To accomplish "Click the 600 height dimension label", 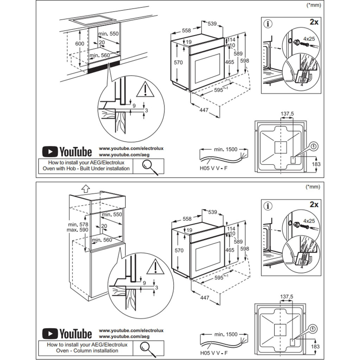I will (x=80, y=44).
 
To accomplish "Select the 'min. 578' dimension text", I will (x=78, y=224).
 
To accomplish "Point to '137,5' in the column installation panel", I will (x=287, y=297).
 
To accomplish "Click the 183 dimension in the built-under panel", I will (x=316, y=164).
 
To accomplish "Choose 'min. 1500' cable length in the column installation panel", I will (x=226, y=334).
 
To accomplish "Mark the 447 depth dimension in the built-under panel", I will (x=204, y=110).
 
